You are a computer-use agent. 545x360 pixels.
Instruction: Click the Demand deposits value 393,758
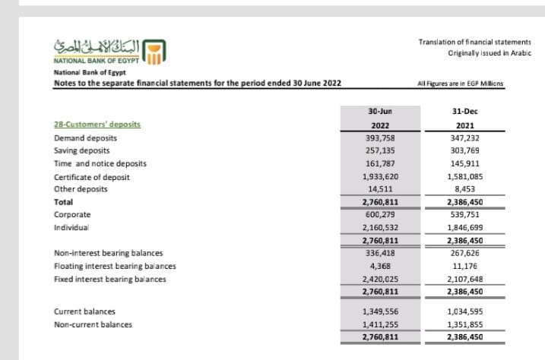point(379,138)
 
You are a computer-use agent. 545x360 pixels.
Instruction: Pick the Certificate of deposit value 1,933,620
point(379,176)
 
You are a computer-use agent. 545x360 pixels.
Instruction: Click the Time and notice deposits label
point(100,163)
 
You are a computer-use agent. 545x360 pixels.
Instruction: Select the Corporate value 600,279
point(379,215)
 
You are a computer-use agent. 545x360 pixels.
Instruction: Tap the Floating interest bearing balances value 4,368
point(379,266)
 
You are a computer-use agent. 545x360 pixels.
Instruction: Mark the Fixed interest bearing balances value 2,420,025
point(379,279)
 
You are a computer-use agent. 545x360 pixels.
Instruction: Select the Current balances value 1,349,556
point(379,311)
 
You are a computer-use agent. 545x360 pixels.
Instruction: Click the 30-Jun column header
point(379,111)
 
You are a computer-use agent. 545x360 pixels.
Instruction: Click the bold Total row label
point(64,202)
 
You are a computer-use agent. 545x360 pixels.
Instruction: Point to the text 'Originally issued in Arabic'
point(490,53)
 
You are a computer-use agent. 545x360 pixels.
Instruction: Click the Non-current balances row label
point(93,324)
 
